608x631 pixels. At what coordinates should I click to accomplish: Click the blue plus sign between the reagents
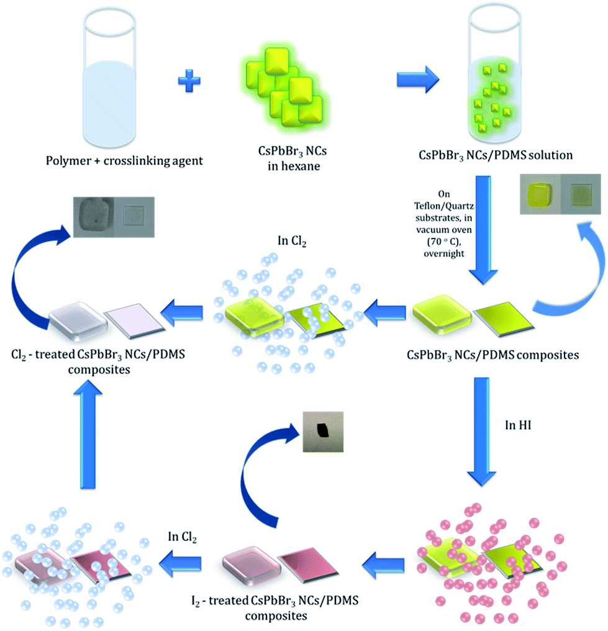[x=189, y=81]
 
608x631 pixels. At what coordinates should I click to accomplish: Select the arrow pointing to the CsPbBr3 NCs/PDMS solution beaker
[x=418, y=79]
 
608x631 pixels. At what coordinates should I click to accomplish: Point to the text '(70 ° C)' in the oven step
[x=444, y=242]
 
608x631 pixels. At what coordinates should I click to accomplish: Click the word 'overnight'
[x=444, y=253]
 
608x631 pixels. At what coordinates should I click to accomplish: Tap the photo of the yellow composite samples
[x=560, y=194]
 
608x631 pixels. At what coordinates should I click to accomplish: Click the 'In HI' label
[x=518, y=425]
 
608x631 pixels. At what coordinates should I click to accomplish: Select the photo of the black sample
[x=323, y=432]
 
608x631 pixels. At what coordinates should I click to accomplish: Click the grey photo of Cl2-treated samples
[x=114, y=217]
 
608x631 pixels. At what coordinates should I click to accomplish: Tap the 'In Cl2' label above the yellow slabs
[x=292, y=241]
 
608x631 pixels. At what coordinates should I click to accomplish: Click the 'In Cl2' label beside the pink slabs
[x=183, y=537]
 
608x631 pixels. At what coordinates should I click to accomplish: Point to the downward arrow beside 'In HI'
[x=482, y=431]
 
